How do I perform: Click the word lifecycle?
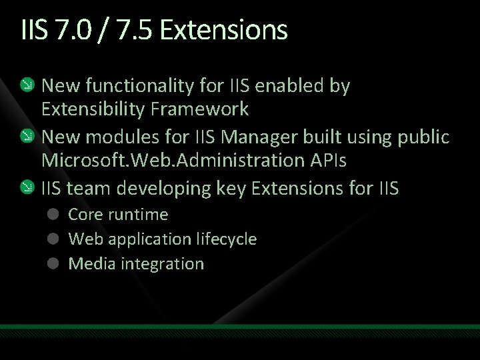[x=228, y=239]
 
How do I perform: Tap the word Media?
[x=89, y=263]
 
